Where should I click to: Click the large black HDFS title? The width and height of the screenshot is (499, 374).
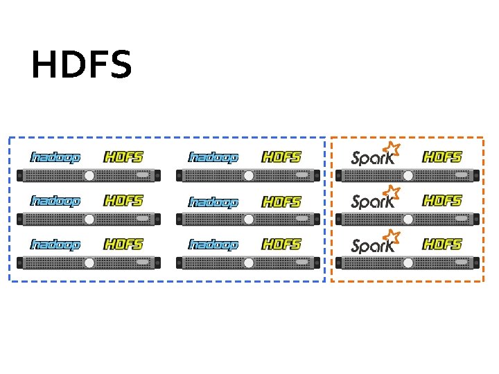pos(81,65)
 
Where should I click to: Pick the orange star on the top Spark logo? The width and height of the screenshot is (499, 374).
pos(392,148)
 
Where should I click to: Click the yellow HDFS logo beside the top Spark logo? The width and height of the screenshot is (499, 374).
pos(442,157)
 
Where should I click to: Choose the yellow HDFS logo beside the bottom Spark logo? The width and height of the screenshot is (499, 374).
pos(442,244)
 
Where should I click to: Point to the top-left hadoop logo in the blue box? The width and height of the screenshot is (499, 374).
pos(55,157)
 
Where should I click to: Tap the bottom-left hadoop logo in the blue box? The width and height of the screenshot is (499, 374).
pos(55,244)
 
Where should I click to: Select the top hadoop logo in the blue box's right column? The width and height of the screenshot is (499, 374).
pos(213,157)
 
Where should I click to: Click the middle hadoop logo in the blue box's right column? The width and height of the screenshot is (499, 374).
pos(213,202)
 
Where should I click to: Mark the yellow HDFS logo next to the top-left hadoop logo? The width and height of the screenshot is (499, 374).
pos(123,157)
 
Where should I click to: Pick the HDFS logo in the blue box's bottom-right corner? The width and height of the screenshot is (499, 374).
pos(281,244)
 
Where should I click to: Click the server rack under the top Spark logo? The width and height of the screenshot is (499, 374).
pos(408,175)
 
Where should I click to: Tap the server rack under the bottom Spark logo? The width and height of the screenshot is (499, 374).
pos(408,263)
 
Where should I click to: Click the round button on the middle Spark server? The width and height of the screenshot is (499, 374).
pos(408,220)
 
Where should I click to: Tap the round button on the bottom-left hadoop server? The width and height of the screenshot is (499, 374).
pos(89,263)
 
